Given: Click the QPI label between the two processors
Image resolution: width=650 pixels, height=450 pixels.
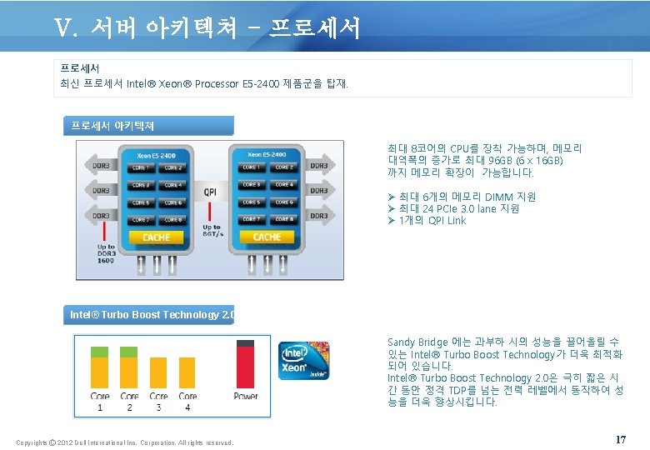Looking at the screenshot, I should pos(211,192).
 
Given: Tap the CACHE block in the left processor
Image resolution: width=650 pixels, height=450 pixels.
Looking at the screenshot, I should pos(156,237).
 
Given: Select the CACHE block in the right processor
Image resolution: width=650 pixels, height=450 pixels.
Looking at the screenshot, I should pos(267,237).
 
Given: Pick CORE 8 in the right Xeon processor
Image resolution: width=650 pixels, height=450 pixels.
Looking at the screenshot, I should pos(285,219).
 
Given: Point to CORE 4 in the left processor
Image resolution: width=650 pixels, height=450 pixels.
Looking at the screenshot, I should pos(173,185).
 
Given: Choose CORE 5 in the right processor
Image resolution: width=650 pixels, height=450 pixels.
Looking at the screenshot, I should pos(250,202).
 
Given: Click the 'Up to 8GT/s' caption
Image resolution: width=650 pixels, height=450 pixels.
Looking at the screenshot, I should pos(212,231).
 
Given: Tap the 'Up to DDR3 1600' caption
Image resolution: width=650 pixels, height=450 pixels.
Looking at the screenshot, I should pos(106,253).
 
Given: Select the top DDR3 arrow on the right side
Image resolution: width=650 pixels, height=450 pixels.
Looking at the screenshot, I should pos(318,166).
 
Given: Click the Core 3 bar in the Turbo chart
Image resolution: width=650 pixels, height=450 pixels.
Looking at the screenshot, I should pos(158,372).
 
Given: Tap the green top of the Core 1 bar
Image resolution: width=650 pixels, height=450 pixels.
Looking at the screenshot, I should pos(100,352).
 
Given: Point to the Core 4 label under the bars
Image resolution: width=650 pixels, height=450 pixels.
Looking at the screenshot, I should pos(187,402).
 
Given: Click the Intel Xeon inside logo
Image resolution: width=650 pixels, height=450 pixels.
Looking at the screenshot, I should pos(303,360).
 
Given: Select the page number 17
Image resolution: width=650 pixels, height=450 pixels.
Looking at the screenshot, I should pos(620,439).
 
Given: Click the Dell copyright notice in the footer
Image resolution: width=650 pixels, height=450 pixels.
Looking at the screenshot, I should pos(125,442).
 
